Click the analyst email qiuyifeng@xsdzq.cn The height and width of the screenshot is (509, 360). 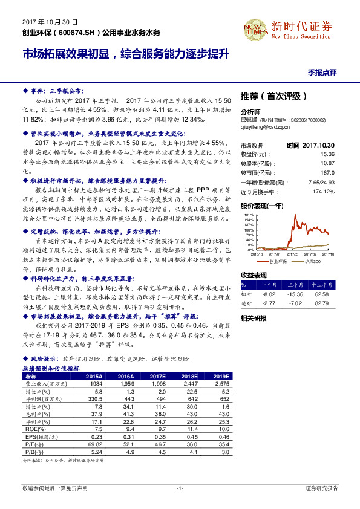point(266,128)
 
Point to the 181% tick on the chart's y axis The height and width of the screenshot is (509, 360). point(248,215)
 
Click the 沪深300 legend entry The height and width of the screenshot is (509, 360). point(310,261)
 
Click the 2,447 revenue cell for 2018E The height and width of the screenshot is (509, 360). point(189,384)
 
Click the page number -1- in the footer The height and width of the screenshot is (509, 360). point(180,487)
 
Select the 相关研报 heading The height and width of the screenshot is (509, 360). point(254,318)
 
